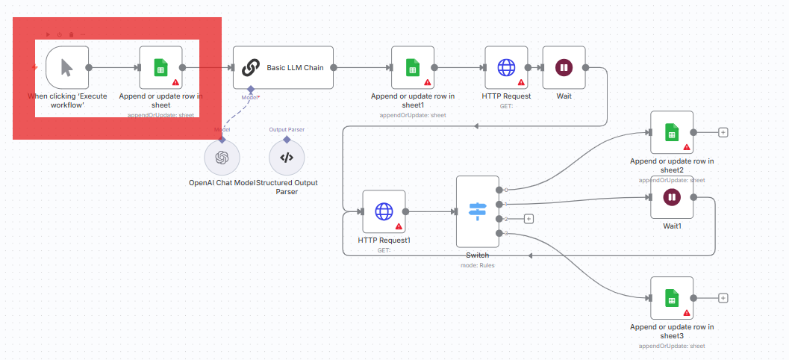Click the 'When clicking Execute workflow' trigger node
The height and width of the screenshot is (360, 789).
(67, 67)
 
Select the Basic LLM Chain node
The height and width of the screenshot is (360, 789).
(283, 67)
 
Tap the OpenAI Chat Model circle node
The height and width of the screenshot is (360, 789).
(222, 157)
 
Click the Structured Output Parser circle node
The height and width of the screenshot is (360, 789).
(287, 157)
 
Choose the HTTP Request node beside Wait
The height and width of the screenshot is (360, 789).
(506, 67)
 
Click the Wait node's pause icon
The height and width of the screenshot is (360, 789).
(564, 67)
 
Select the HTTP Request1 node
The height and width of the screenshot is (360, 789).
(384, 211)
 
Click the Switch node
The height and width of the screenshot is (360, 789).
(477, 211)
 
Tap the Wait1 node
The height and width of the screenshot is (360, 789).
(672, 197)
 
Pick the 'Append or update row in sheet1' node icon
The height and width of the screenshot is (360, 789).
(413, 67)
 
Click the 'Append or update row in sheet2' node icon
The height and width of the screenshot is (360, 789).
(672, 132)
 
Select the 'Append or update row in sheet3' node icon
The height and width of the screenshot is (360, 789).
(672, 298)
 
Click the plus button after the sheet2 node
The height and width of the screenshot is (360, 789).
(723, 132)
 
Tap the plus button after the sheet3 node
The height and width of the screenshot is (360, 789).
(723, 298)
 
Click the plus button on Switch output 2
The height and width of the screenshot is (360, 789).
(528, 219)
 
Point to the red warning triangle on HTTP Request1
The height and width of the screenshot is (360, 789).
(399, 226)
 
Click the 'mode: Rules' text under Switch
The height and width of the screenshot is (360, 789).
(477, 264)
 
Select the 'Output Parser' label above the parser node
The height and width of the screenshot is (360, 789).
(287, 129)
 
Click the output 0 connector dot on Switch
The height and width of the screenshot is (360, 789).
(499, 190)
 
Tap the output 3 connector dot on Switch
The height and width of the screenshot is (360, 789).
(499, 234)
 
